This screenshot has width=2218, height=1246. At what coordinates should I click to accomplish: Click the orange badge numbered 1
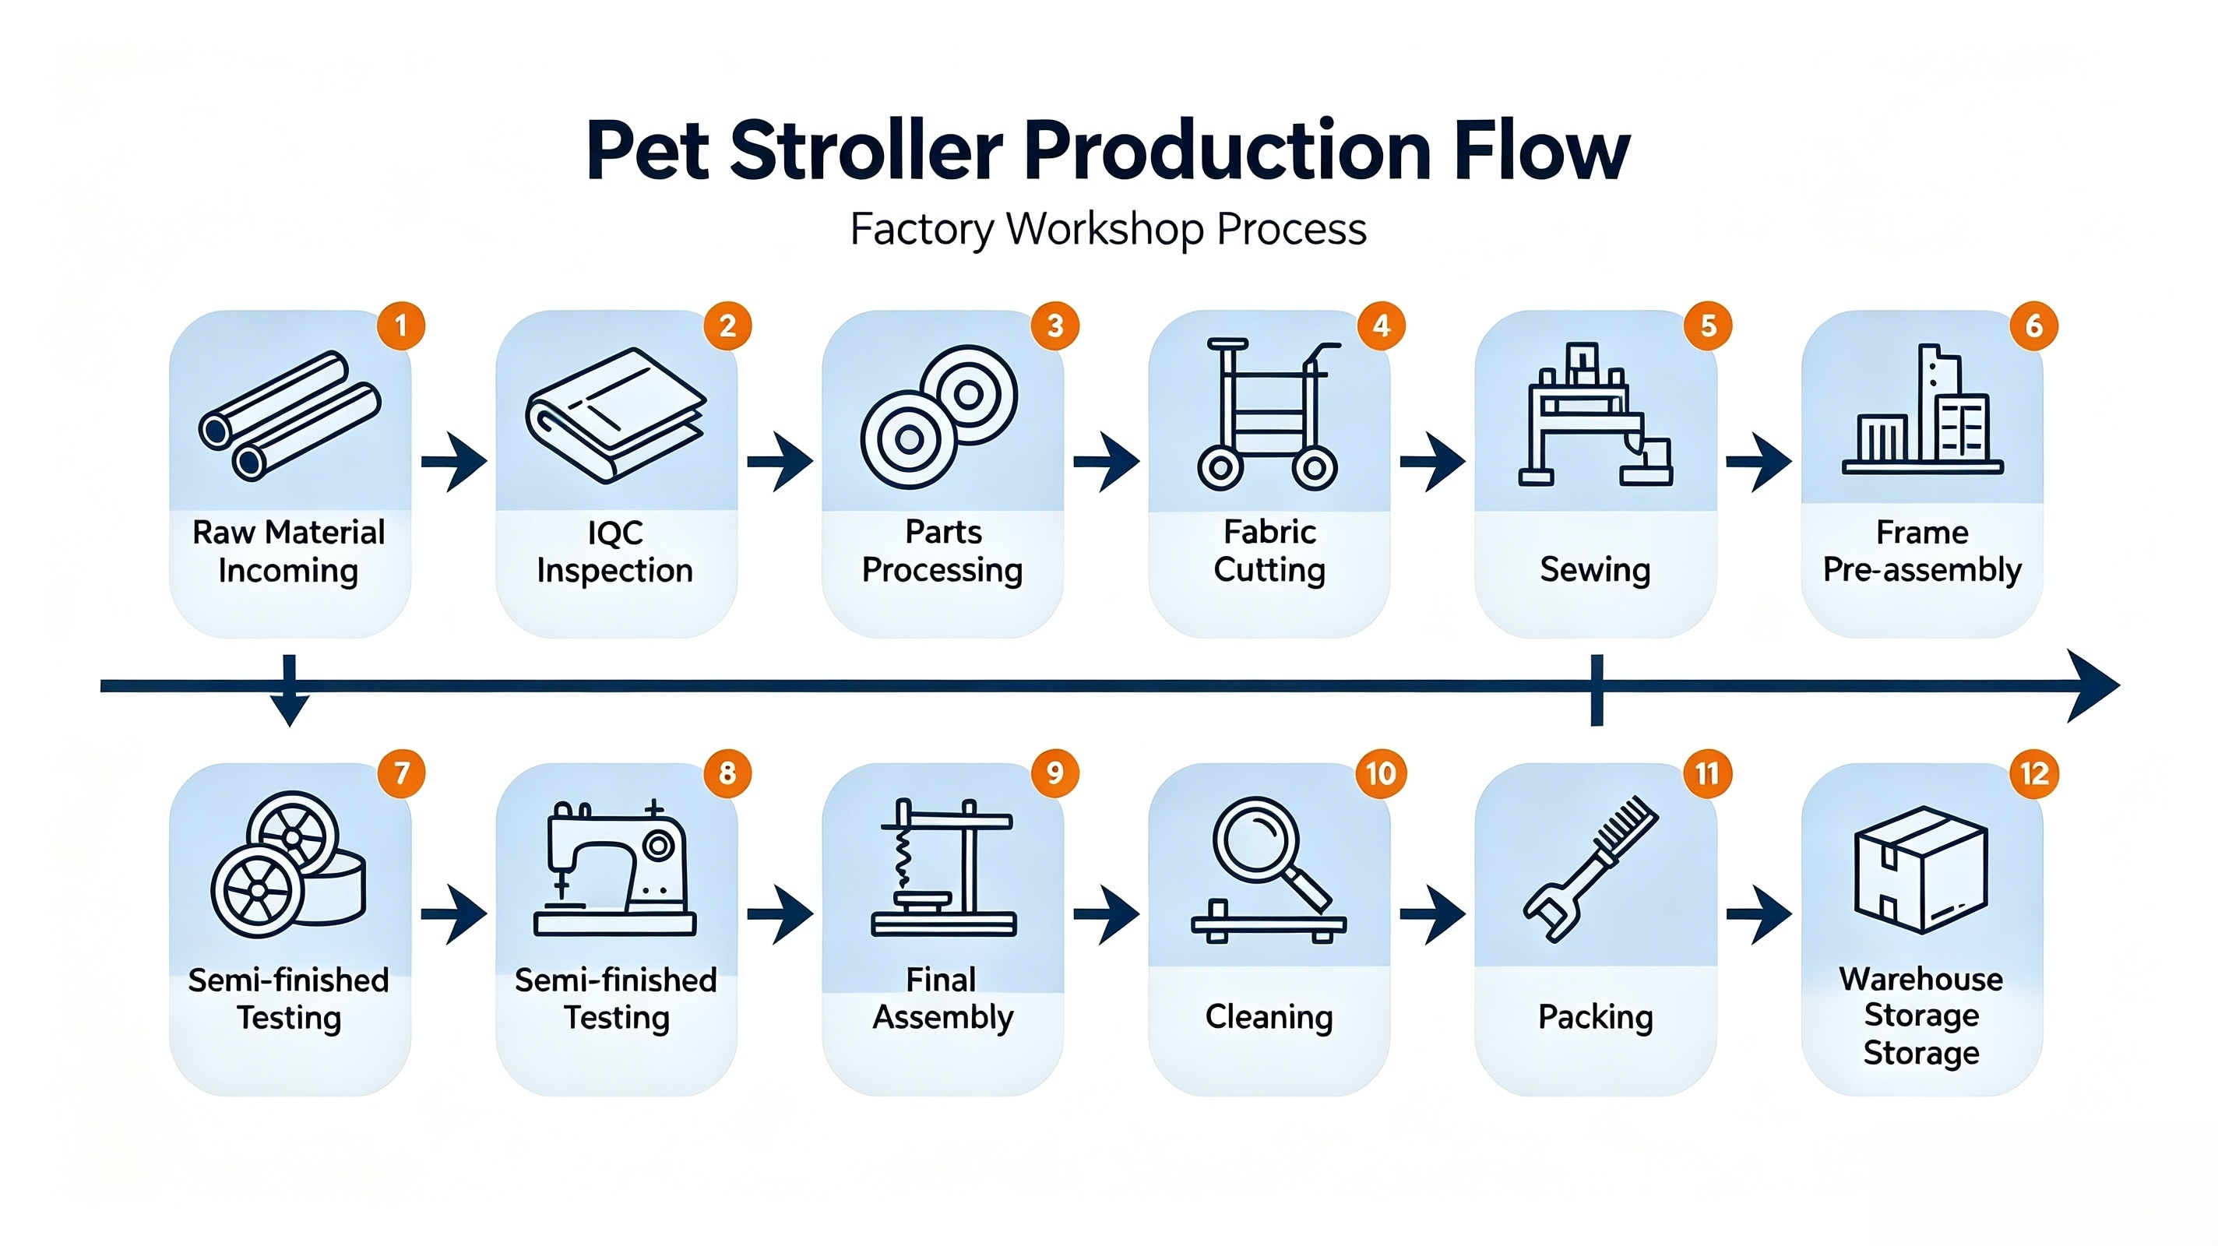click(x=401, y=326)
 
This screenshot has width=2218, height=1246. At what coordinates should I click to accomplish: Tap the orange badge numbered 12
click(x=2035, y=773)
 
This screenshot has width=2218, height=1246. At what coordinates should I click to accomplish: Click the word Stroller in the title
click(x=867, y=151)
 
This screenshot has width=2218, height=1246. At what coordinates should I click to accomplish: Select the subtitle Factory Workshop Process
click(x=1108, y=229)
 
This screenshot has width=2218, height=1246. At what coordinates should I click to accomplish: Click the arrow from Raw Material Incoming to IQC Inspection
click(x=454, y=463)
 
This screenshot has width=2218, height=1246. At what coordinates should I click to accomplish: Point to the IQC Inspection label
click(x=614, y=551)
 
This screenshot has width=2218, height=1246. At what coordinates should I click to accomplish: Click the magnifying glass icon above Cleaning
click(x=1269, y=870)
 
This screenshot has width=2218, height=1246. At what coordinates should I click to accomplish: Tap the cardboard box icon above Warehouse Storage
click(x=1921, y=870)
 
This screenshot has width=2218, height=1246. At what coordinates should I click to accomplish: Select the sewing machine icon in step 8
click(x=614, y=868)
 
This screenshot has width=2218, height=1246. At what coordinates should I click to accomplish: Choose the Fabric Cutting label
click(x=1269, y=551)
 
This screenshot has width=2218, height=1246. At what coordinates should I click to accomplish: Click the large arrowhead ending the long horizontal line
click(x=2093, y=686)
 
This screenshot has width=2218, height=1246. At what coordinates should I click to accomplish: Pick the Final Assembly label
click(x=943, y=999)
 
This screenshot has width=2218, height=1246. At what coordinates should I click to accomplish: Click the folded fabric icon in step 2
click(x=617, y=414)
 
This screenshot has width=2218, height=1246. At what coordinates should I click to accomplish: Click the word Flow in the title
click(x=1542, y=151)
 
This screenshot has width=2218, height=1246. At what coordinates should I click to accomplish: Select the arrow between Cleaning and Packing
click(x=1433, y=914)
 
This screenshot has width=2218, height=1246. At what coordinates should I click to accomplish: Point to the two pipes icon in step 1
click(x=290, y=415)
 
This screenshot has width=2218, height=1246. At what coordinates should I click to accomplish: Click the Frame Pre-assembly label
click(x=1922, y=551)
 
